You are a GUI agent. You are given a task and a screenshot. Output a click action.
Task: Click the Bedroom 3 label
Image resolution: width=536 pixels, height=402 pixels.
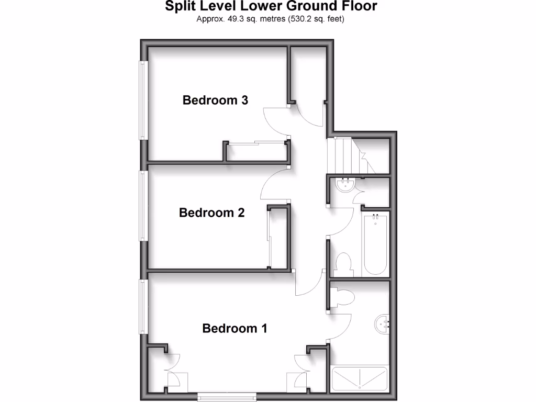tap(215, 100)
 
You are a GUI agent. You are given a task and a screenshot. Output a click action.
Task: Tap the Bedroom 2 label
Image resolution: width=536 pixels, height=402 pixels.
tap(211, 213)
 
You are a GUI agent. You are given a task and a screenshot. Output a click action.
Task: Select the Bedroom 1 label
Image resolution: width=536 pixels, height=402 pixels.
tap(234, 329)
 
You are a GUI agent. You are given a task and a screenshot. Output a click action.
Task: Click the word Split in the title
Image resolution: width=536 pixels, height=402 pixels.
tap(179, 6)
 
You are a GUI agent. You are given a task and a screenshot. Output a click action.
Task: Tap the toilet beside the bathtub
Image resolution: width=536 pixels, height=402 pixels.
tap(344, 264)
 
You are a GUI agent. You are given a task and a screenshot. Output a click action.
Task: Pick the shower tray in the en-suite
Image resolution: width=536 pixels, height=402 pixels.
tap(360, 378)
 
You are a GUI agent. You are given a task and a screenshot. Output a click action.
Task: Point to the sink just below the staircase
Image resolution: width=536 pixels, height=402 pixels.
tap(344, 185)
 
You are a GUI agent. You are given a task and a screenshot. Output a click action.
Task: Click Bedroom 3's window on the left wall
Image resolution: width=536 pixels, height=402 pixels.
tap(142, 100)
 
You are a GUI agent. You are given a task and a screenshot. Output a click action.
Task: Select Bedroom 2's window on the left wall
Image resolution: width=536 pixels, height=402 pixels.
tap(142, 206)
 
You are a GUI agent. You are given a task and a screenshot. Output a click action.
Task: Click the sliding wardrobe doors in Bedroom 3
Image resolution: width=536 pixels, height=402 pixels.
tap(256, 142)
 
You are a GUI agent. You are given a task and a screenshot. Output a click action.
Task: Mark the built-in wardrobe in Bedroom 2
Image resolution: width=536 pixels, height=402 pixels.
tap(278, 238)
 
